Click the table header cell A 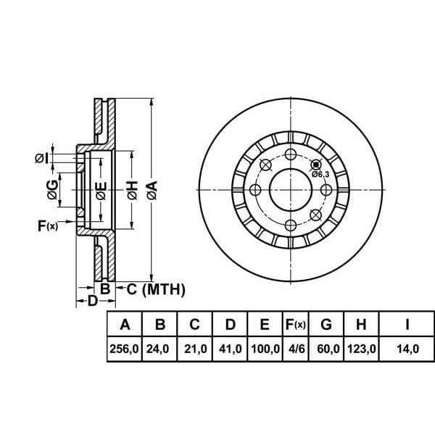point(124,324)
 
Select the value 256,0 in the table point(124,349)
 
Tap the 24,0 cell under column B point(157,349)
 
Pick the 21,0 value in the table point(194,349)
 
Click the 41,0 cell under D point(230,349)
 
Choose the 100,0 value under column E point(265,349)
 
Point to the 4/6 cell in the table point(295,349)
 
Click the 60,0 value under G point(328,349)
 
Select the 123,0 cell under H point(362,349)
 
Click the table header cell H point(362,324)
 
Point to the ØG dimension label point(53,191)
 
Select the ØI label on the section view point(41,157)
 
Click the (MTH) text point(164,290)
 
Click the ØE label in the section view point(101,191)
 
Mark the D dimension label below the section point(92,301)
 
